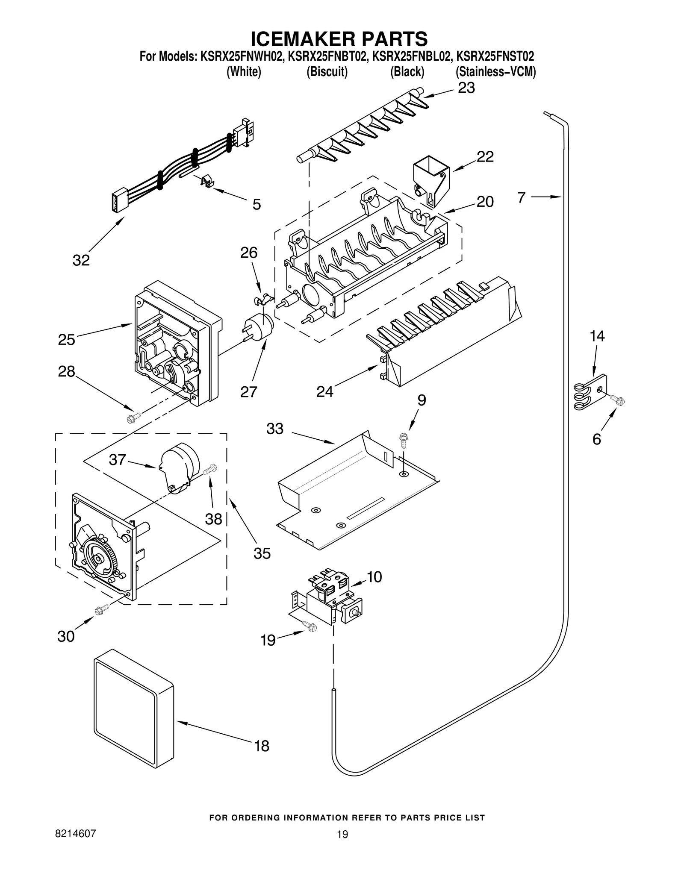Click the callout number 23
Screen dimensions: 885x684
tap(466, 88)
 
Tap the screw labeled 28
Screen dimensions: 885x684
tap(133, 418)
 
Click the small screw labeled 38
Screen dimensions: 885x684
tap(210, 469)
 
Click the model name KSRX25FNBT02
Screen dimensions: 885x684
tap(328, 56)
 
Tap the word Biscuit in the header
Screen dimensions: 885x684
tap(327, 72)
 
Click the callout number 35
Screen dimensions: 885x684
tap(262, 553)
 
